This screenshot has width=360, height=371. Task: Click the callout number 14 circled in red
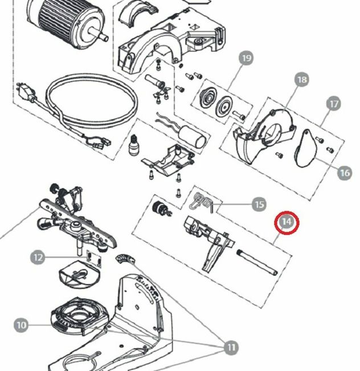287,222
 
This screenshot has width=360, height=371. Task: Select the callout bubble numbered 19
246,59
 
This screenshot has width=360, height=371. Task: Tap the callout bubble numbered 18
301,80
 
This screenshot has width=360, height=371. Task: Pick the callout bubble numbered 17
334,105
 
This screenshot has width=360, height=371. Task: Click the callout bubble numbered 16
344,172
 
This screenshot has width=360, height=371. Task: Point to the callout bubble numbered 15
259,204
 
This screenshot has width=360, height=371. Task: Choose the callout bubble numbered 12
38,257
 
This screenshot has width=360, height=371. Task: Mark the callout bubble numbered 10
21,325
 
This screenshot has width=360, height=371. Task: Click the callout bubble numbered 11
231,347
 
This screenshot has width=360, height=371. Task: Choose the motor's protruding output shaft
103,35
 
